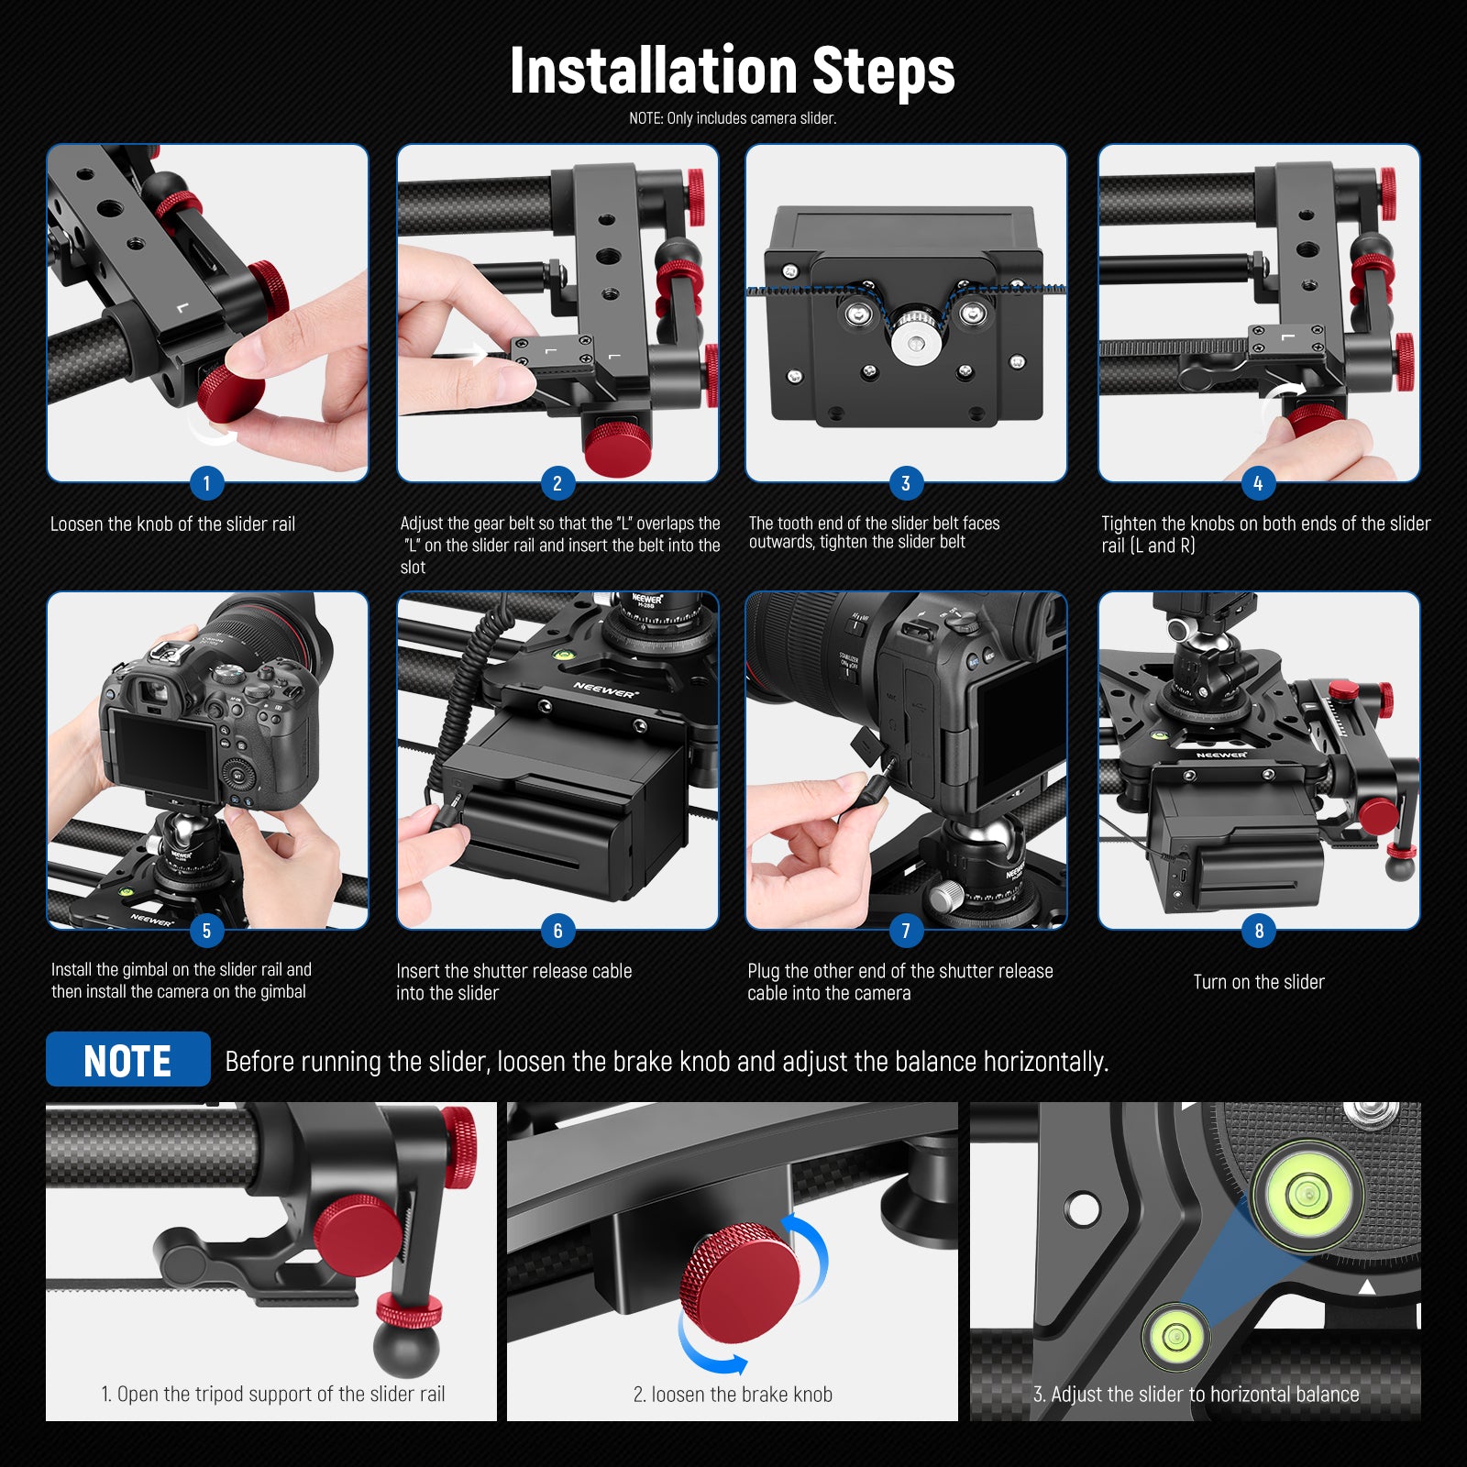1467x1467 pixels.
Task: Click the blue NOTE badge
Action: (127, 1060)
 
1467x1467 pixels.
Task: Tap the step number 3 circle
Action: (906, 483)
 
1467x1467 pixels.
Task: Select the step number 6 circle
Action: (557, 931)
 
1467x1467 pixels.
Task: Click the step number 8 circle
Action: (1259, 931)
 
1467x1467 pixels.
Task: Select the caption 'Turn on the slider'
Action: (1259, 982)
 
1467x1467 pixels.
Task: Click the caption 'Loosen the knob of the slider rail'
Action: (172, 524)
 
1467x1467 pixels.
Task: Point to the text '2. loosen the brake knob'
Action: (733, 1395)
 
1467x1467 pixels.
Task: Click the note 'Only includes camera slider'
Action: (733, 118)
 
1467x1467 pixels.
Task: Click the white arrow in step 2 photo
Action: (477, 352)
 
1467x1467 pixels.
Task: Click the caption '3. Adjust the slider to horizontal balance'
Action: (1196, 1395)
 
